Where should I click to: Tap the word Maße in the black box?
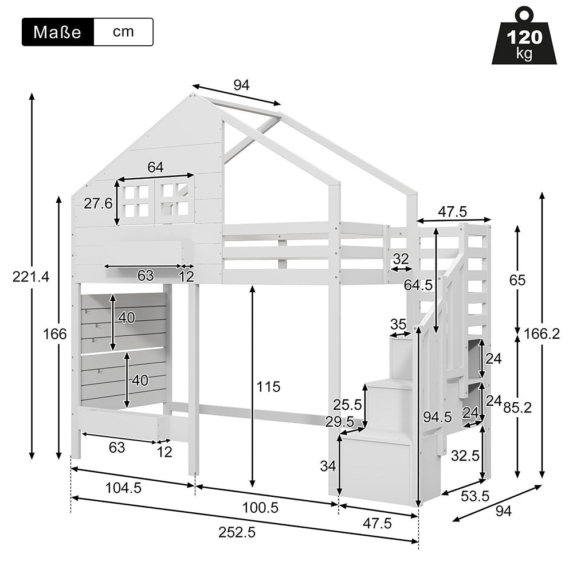click(x=57, y=32)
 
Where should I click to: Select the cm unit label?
click(x=123, y=32)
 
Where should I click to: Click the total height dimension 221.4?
click(x=30, y=277)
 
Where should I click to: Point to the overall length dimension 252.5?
click(x=237, y=532)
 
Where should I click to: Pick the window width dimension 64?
click(x=155, y=167)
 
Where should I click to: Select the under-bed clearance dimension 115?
click(x=268, y=387)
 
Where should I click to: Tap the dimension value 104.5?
click(x=124, y=488)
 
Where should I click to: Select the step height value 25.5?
click(x=348, y=405)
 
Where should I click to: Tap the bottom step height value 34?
click(x=328, y=466)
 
